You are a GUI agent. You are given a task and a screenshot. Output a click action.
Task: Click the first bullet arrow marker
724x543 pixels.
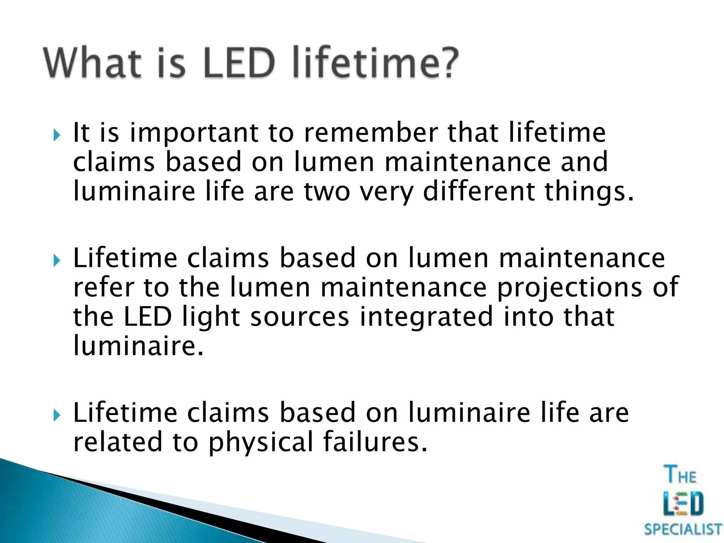point(57,135)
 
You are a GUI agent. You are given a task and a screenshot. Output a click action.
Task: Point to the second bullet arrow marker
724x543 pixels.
point(57,261)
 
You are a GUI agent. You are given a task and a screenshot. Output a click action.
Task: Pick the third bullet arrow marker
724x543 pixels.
point(57,415)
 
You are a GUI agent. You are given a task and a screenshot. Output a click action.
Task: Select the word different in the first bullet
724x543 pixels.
point(479,192)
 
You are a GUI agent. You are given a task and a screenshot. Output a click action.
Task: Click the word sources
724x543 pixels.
point(300,317)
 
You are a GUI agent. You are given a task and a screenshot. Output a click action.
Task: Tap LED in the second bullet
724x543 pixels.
point(147,317)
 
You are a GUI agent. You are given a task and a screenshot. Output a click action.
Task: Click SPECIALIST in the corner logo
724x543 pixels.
point(683,530)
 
